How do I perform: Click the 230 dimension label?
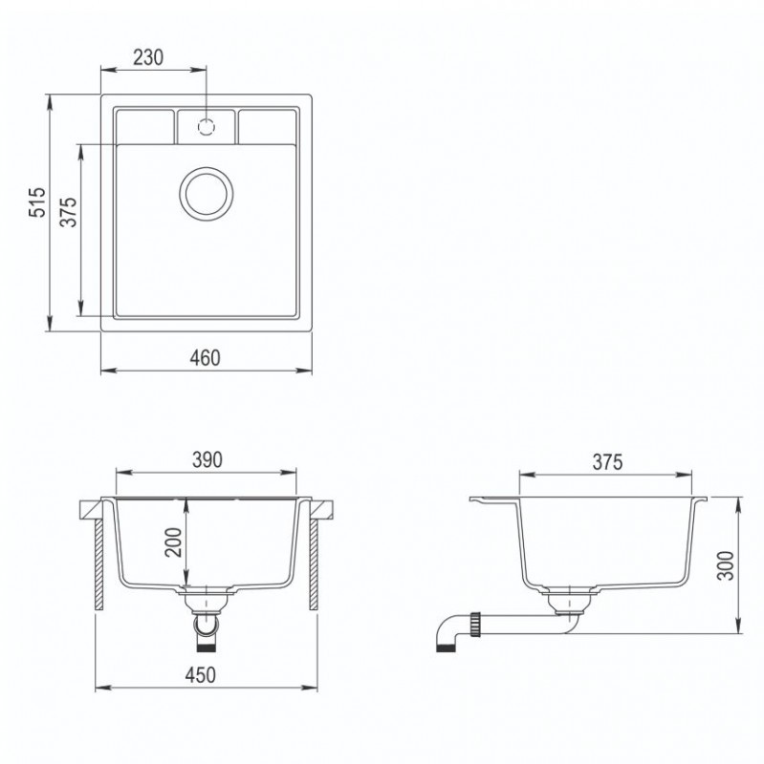148,57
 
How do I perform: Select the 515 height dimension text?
37,202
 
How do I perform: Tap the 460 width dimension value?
206,358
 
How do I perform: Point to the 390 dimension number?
207,459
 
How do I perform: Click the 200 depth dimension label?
173,542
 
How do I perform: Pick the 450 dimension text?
201,675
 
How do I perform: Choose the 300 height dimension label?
726,565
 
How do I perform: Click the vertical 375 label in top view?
69,212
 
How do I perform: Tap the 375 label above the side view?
607,462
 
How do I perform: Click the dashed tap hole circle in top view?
207,127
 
